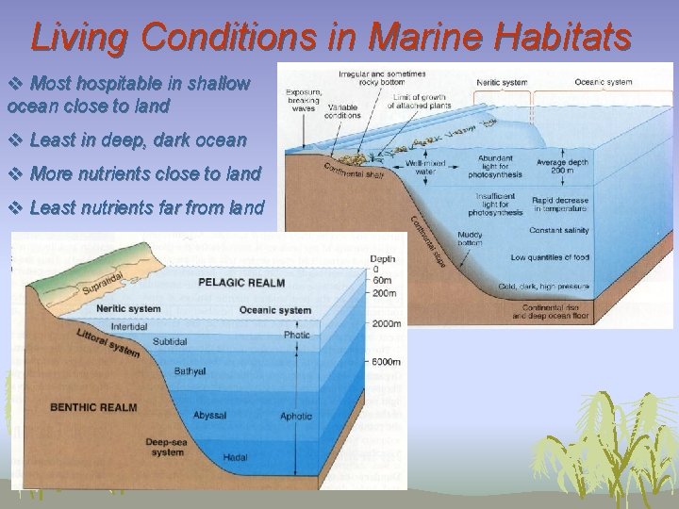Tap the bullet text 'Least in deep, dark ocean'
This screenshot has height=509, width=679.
pyautogui.click(x=138, y=140)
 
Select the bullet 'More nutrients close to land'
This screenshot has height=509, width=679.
pyautogui.click(x=144, y=173)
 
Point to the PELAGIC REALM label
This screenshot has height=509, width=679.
pyautogui.click(x=240, y=282)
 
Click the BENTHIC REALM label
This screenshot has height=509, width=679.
pyautogui.click(x=92, y=407)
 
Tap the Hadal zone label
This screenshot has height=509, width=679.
pyautogui.click(x=235, y=457)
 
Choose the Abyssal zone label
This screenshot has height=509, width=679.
pyautogui.click(x=209, y=415)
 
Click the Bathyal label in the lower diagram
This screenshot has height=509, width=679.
pyautogui.click(x=190, y=371)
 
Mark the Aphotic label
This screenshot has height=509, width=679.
pyautogui.click(x=296, y=416)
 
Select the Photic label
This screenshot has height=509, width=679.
pyautogui.click(x=296, y=335)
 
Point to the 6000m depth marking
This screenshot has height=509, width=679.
pyautogui.click(x=386, y=362)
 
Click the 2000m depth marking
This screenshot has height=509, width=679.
pyautogui.click(x=386, y=323)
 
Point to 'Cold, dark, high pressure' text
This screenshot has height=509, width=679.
pyautogui.click(x=550, y=286)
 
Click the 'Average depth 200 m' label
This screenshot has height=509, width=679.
pyautogui.click(x=564, y=167)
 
